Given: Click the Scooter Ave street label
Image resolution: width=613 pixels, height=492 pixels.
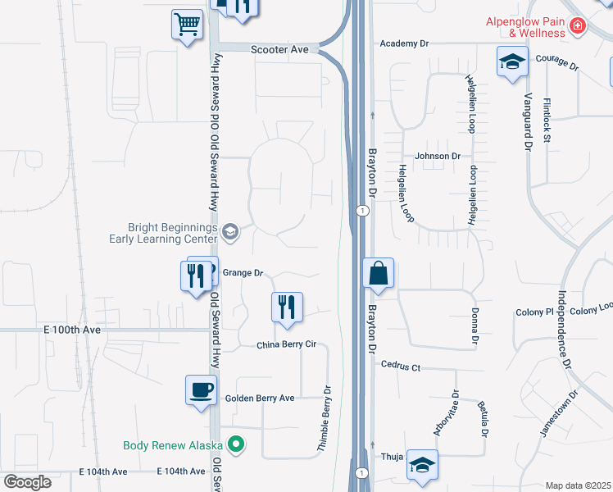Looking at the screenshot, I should pos(279,50).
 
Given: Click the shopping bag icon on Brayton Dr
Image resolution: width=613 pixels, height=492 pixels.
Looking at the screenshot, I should pos(378,273).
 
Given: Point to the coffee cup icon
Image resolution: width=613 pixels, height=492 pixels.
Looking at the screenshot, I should pos(201,389).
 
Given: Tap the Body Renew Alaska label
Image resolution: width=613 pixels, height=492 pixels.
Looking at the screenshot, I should pos(173,446).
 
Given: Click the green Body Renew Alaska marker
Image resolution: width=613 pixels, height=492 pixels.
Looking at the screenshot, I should pos(237,445).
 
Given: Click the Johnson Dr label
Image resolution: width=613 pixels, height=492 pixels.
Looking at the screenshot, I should pos(438,156).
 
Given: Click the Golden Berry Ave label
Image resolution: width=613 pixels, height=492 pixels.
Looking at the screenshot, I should pos(259,399).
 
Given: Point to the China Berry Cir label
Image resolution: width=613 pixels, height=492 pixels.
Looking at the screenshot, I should pos(286,346).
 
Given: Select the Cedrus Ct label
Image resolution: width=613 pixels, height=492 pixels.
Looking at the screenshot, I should pos(401,368).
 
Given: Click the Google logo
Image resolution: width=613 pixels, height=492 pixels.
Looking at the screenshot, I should pos(28,482).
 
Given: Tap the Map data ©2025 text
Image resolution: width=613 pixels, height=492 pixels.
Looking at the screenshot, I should pos(577,485).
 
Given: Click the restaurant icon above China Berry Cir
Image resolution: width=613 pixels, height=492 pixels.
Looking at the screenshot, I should pos(287,307).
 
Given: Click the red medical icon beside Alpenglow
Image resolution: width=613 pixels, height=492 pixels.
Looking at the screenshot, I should pos(578,27).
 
